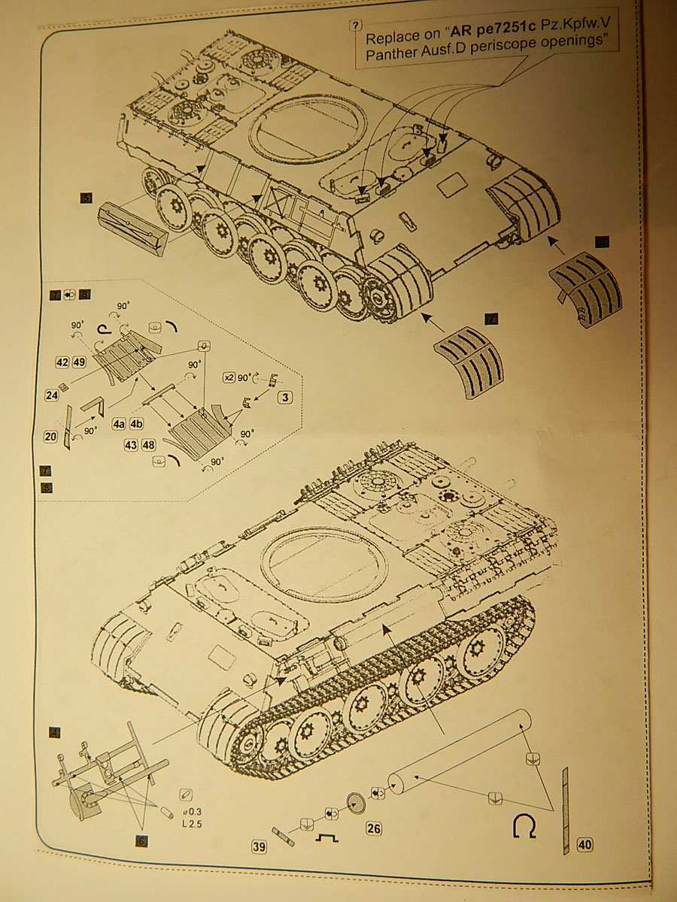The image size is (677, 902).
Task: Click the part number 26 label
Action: [x=373, y=829]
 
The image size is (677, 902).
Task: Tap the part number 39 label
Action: [x=259, y=847]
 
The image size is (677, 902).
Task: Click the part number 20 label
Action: [x=50, y=436]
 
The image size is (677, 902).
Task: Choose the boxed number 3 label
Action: [x=285, y=396]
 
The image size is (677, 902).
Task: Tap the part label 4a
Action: [x=119, y=424]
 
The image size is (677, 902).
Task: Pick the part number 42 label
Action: [x=62, y=362]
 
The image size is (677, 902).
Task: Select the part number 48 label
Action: [x=149, y=444]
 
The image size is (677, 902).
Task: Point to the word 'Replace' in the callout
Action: [x=391, y=38]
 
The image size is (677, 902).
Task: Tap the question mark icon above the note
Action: [x=357, y=24]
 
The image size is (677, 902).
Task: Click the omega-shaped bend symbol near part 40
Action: [x=524, y=827]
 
